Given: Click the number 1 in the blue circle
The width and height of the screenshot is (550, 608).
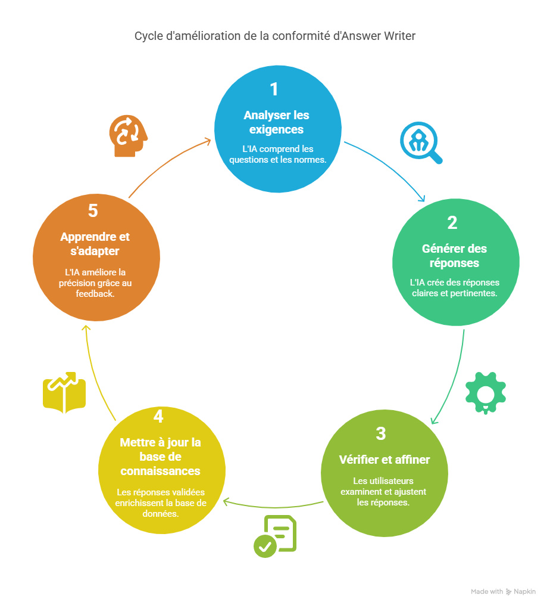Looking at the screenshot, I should coord(274,89).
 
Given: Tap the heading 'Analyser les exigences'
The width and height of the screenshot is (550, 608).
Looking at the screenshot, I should coord(276,122).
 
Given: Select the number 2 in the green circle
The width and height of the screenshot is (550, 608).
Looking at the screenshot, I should coord(452,223).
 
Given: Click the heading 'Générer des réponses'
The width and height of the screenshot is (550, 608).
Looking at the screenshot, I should coord(454,256).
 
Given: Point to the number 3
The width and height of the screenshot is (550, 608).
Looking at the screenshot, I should coord(381,433).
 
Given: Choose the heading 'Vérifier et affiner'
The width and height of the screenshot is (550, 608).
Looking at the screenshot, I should coord(384,460).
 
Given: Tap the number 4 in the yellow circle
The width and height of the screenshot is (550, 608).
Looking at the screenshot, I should coord(158,417).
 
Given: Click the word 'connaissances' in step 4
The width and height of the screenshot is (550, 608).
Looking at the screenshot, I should coord(160,471).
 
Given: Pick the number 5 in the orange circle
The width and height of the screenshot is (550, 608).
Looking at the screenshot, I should coord(93,211).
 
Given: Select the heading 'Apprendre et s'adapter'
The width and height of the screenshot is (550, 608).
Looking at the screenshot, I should coord(95,244).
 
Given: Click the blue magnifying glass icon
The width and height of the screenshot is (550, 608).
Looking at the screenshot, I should coord(420,143).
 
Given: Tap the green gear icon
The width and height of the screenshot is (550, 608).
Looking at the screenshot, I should coord(485,393).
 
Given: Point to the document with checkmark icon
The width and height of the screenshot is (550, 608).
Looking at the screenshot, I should coord(275,536).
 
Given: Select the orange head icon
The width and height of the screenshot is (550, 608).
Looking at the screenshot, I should coord(127,137).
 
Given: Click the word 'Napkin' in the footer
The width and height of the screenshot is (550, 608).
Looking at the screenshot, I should coord(524,592).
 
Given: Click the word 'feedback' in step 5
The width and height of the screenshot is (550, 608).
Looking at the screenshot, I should coord(95,294).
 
